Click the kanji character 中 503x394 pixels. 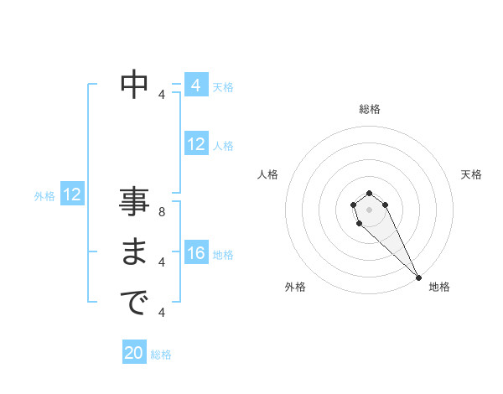pyautogui.click(x=134, y=84)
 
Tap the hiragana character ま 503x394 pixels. pyautogui.click(x=134, y=253)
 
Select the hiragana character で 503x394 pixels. pyautogui.click(x=134, y=303)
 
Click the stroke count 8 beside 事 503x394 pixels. pyautogui.click(x=162, y=212)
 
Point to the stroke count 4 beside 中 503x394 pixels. pyautogui.click(x=162, y=94)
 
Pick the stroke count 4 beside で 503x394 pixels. pyautogui.click(x=162, y=312)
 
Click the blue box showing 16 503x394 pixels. pyautogui.click(x=196, y=253)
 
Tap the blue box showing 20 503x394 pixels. pyautogui.click(x=134, y=353)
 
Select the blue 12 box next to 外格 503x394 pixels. pyautogui.click(x=72, y=195)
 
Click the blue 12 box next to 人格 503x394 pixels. pyautogui.click(x=196, y=145)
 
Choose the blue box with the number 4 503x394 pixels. pyautogui.click(x=196, y=86)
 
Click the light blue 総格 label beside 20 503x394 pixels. pyautogui.click(x=162, y=355)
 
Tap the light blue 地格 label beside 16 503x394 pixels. pyautogui.click(x=223, y=255)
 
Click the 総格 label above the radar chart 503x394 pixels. pyautogui.click(x=370, y=109)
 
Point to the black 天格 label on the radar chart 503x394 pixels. pyautogui.click(x=471, y=174)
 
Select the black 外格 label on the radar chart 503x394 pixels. pyautogui.click(x=295, y=287)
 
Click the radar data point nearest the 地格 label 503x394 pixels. pyautogui.click(x=418, y=277)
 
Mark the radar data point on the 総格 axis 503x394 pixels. pyautogui.click(x=370, y=194)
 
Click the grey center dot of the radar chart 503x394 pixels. pyautogui.click(x=370, y=209)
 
